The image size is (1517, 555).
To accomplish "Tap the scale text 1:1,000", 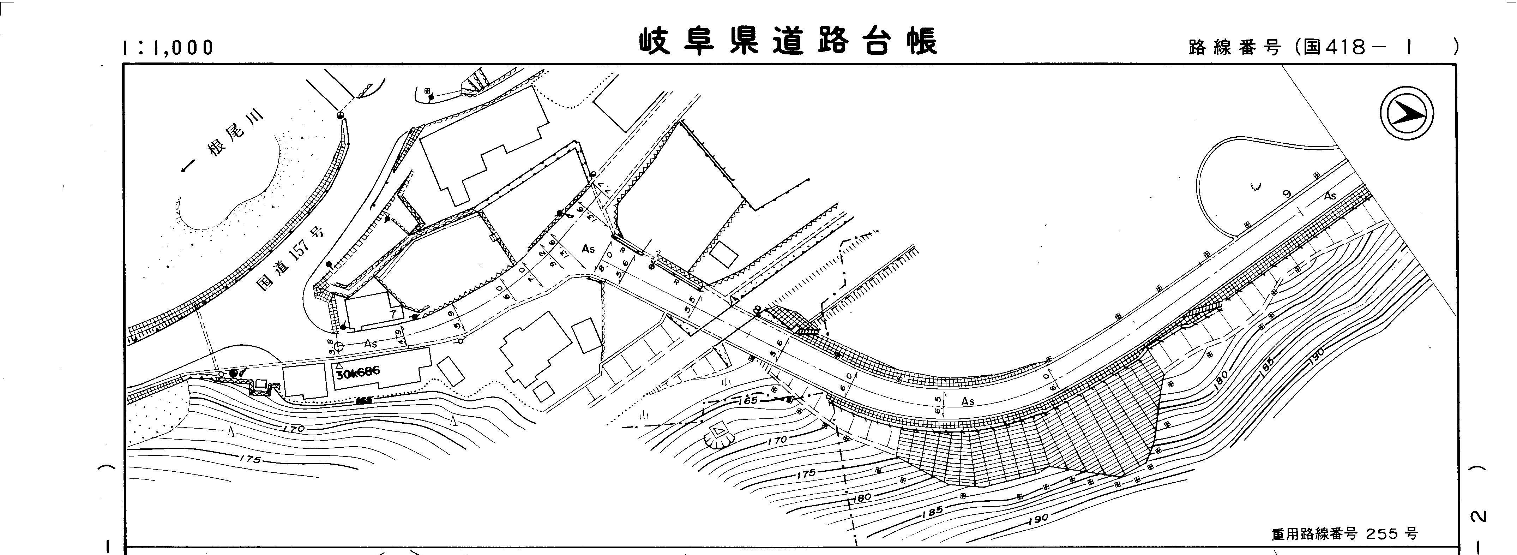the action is [x=168, y=48].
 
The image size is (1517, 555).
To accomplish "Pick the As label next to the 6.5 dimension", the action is [x=968, y=401].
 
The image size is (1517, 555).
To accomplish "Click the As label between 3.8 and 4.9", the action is [x=370, y=343].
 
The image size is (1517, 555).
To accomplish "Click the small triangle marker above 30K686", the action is [x=340, y=365].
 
